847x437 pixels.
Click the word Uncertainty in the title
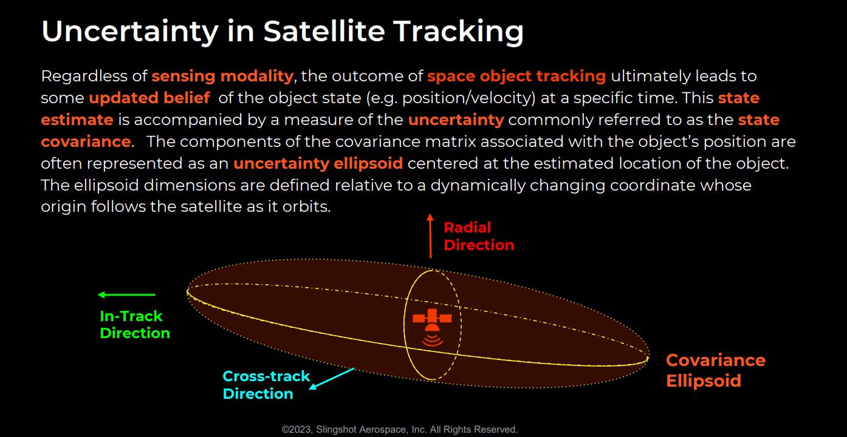pos(129,32)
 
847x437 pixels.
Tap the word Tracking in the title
pos(458,32)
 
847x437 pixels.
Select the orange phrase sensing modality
pos(222,76)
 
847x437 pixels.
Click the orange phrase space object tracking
pos(516,76)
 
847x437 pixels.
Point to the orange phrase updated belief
pos(149,98)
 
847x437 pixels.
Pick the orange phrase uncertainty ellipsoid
pos(318,163)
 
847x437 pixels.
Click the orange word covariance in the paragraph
pos(86,141)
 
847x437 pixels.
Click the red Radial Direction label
pos(479,236)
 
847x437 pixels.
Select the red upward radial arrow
pos(430,235)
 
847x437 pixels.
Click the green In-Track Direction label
pos(135,325)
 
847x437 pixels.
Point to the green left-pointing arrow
pos(126,294)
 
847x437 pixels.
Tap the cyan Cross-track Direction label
pos(266,385)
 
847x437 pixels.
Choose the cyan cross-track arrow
pos(332,379)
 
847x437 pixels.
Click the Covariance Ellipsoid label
pos(715,370)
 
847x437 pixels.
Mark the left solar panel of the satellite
pos(419,318)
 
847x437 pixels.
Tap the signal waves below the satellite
pos(432,339)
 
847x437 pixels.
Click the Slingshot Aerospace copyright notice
pos(400,430)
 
